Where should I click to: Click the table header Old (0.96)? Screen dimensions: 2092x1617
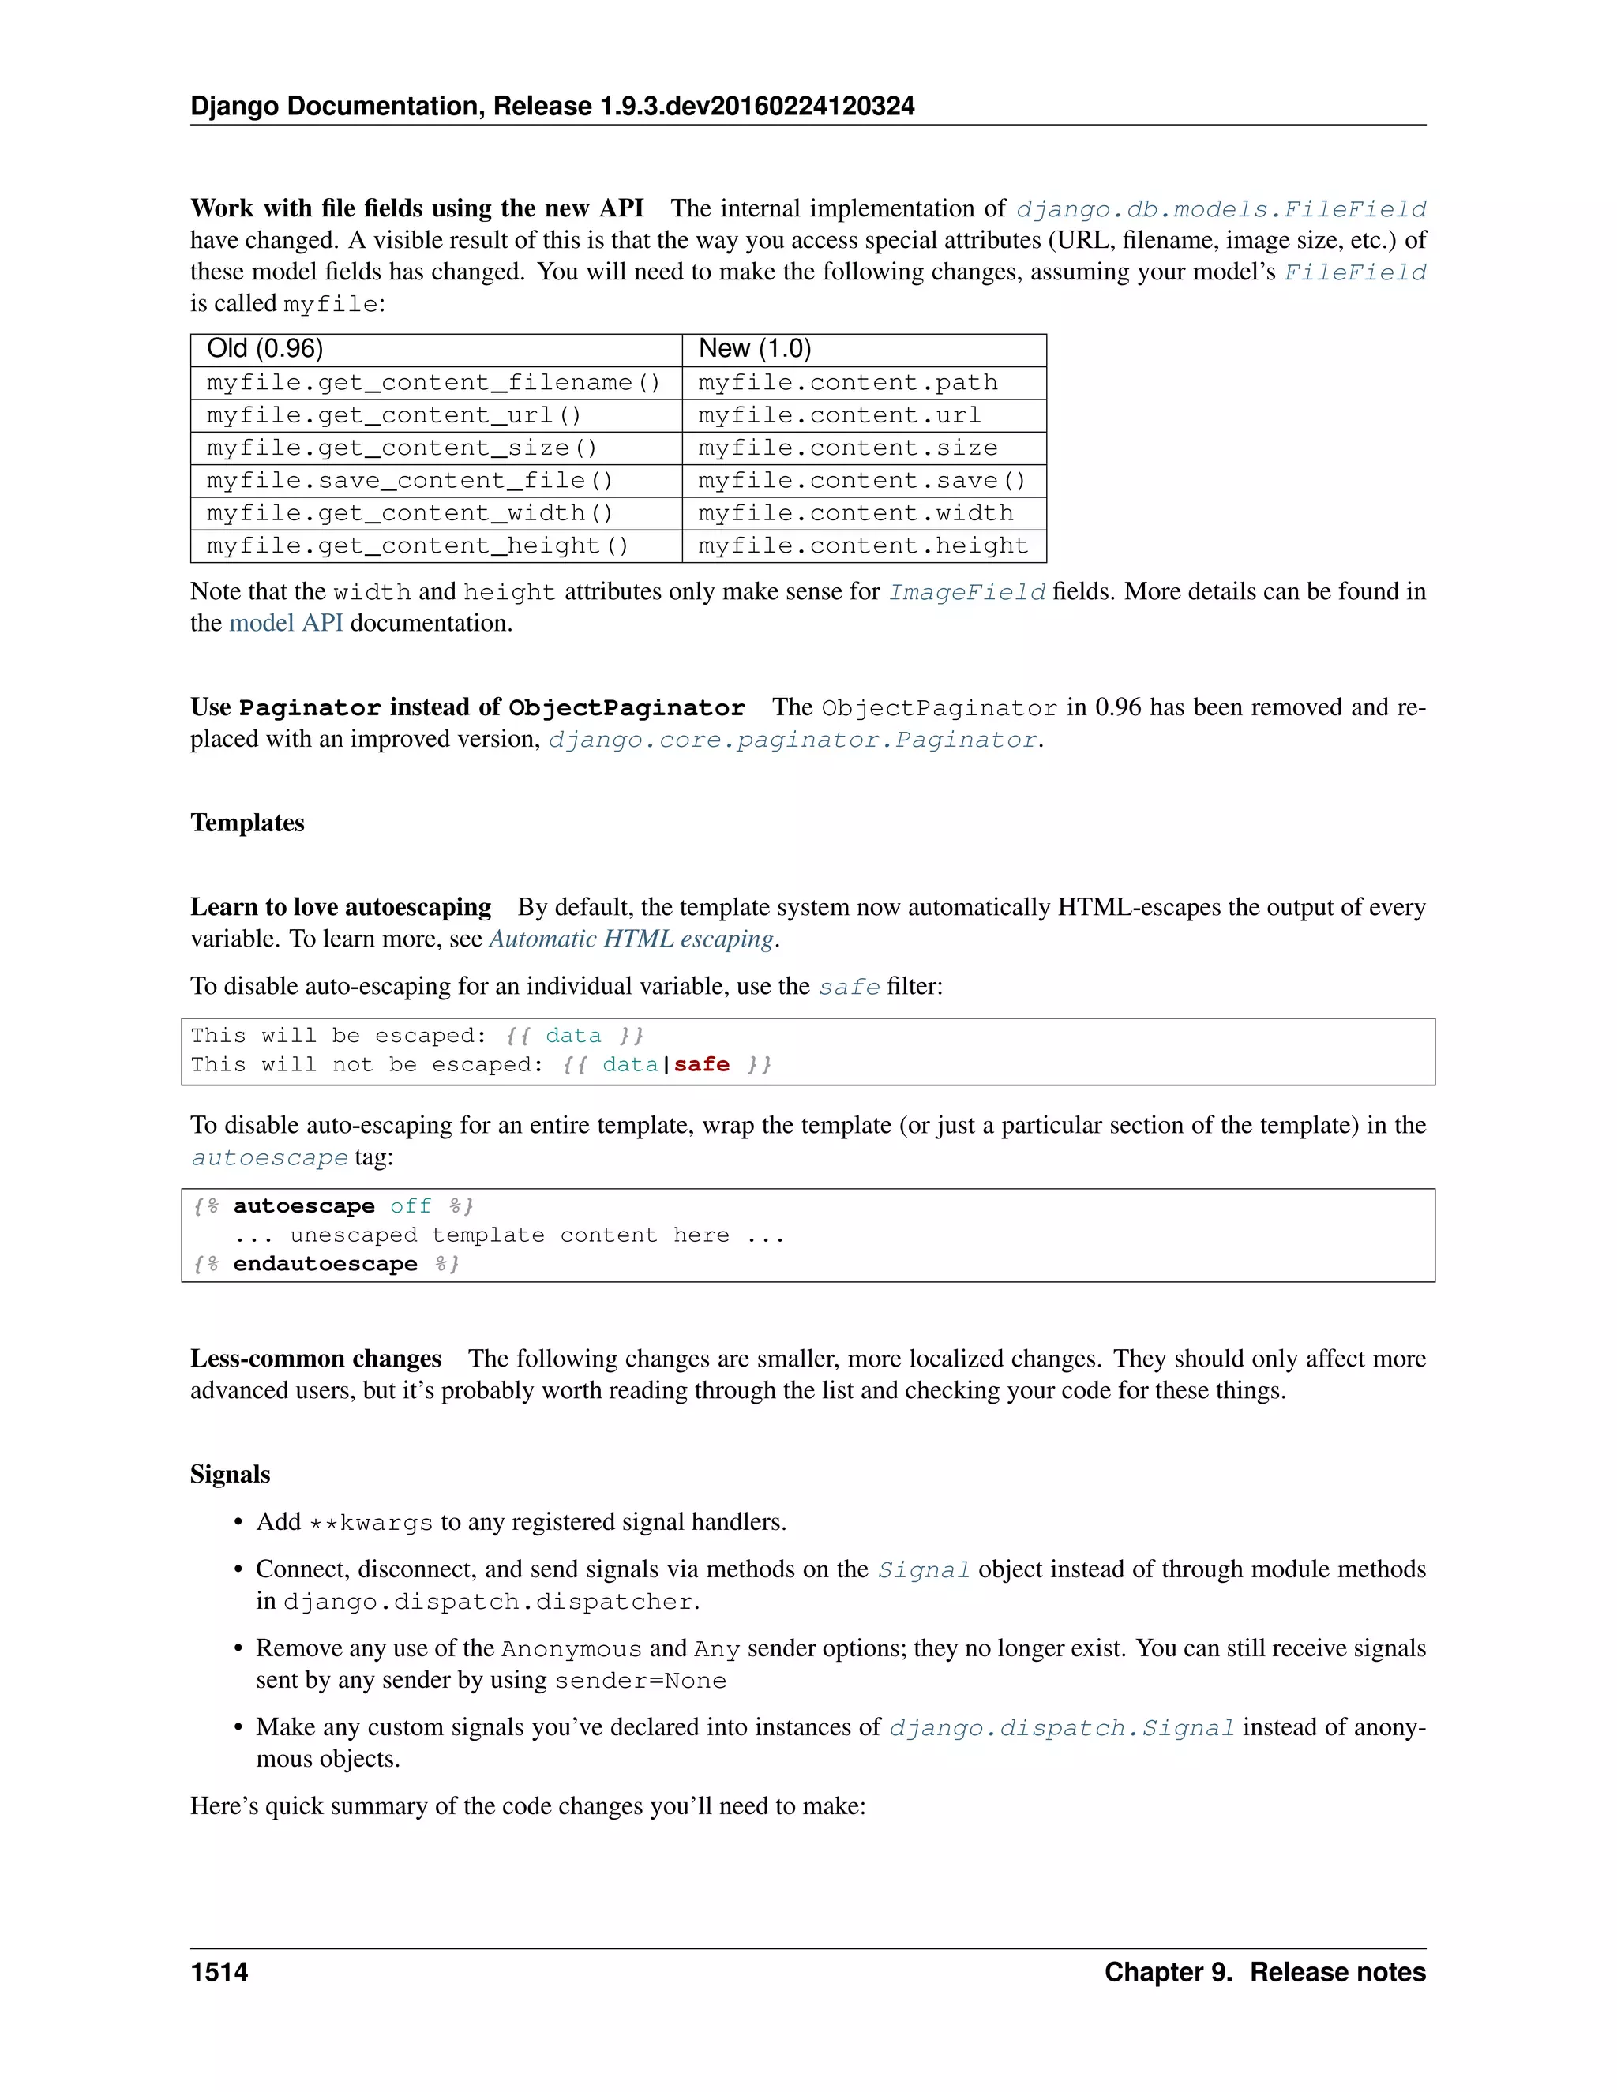point(264,350)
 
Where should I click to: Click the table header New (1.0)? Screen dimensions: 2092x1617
point(755,350)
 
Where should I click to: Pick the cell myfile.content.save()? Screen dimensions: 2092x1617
point(862,481)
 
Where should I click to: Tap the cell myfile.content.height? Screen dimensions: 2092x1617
point(862,546)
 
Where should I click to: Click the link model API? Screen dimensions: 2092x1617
point(286,624)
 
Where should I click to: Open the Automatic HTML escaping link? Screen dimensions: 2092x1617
point(632,939)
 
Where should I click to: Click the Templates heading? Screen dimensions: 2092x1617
point(247,823)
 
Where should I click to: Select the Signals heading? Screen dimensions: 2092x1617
point(230,1474)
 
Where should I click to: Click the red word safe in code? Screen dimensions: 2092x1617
point(701,1065)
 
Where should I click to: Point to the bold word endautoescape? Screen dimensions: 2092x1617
point(325,1265)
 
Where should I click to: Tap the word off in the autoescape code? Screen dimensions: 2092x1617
point(410,1207)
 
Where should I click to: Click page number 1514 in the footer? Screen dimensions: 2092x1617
point(219,1972)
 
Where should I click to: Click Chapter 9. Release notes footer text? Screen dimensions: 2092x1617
point(1265,1972)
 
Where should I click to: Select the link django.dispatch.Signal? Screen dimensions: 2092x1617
point(1061,1729)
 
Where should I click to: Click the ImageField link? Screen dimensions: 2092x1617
point(966,593)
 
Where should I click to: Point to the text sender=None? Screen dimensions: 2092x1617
point(640,1681)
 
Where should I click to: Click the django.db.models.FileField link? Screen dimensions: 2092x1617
point(1221,210)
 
